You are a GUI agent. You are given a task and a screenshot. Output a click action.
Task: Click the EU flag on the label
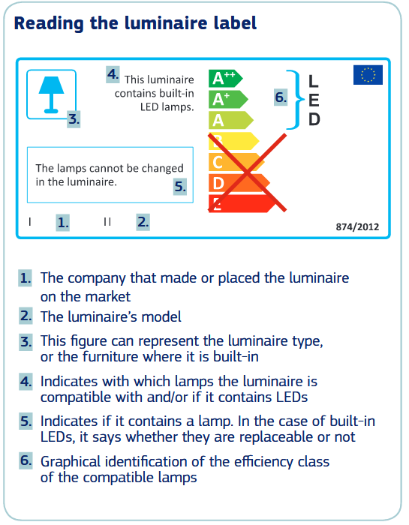point(368,75)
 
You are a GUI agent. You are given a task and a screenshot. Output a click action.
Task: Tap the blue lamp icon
point(51,94)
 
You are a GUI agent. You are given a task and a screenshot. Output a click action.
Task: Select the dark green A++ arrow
point(225,79)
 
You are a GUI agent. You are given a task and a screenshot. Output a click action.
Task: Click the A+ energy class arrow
point(228,100)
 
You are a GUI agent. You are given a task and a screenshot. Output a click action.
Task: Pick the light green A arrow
point(231,120)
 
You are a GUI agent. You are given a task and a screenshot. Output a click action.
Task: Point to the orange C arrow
point(236,162)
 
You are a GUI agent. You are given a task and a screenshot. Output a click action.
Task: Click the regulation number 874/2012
point(357,227)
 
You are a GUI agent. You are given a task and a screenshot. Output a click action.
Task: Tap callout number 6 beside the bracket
point(281,97)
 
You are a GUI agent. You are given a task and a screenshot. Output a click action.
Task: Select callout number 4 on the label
point(113,74)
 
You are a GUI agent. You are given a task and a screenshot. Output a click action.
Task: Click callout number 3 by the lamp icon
point(74,118)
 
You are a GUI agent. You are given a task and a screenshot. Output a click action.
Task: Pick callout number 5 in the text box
point(180,186)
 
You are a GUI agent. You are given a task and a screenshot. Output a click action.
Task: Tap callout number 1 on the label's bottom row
point(62,222)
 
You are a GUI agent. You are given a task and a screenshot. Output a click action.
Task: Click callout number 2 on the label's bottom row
point(143,222)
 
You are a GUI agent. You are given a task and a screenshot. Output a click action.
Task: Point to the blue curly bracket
point(296,100)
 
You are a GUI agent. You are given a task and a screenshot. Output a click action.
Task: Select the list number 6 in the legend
point(26,460)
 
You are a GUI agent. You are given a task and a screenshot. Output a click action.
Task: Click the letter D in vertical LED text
point(314,119)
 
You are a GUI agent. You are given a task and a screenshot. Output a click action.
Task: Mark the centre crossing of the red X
point(247,172)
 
